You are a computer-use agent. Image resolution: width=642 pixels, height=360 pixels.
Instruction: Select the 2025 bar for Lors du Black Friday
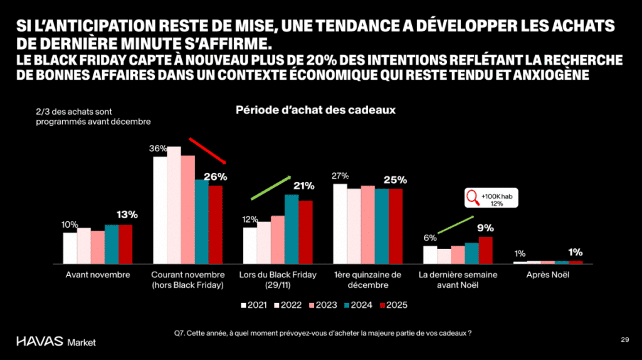click(305, 231)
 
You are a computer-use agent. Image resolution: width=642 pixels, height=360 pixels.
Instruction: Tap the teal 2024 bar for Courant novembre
click(201, 221)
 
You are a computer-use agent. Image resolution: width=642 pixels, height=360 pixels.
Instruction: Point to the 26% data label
click(215, 177)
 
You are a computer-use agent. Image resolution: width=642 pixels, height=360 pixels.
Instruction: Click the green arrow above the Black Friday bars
click(271, 188)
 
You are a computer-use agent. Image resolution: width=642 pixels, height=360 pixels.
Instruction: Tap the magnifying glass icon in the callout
click(472, 199)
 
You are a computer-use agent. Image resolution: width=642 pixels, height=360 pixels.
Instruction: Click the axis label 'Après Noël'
click(547, 275)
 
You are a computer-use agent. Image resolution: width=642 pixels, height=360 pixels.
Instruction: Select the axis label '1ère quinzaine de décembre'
click(367, 280)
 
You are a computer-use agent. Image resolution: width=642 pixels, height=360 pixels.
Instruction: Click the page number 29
click(624, 339)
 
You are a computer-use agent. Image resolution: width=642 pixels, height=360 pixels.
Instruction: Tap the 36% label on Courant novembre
click(157, 149)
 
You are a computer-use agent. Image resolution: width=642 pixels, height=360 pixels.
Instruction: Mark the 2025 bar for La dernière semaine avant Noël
click(485, 250)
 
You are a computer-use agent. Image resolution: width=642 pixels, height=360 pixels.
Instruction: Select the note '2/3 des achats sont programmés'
click(93, 117)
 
